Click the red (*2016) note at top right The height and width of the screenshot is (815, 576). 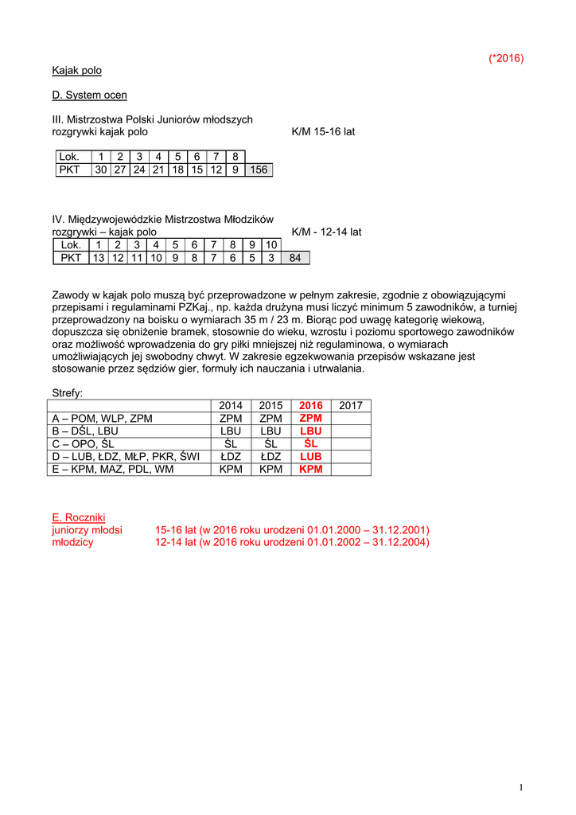pyautogui.click(x=506, y=58)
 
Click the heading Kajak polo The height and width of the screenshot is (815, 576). pyautogui.click(x=77, y=71)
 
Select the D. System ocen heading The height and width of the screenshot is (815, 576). pyautogui.click(x=89, y=96)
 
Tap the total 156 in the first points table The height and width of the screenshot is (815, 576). pyautogui.click(x=259, y=170)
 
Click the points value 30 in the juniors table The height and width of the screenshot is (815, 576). pyautogui.click(x=101, y=170)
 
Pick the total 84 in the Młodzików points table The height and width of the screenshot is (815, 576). pyautogui.click(x=295, y=258)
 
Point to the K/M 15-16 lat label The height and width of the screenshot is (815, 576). pyautogui.click(x=324, y=131)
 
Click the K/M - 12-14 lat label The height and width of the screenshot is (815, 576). pyautogui.click(x=327, y=232)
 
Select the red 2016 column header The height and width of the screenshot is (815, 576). pyautogui.click(x=311, y=406)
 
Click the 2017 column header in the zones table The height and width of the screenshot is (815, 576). pyautogui.click(x=351, y=406)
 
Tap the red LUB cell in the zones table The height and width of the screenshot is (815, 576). pyautogui.click(x=311, y=457)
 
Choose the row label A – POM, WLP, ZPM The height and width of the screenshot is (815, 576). pyautogui.click(x=102, y=419)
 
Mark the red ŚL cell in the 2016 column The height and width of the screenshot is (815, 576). pyautogui.click(x=311, y=444)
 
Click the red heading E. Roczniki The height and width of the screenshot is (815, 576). pyautogui.click(x=79, y=517)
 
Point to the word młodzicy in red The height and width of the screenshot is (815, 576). pyautogui.click(x=72, y=542)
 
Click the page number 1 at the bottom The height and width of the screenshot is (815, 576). pyautogui.click(x=520, y=787)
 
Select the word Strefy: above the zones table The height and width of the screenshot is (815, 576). pyautogui.click(x=68, y=393)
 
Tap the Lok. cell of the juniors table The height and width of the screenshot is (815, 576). pyautogui.click(x=69, y=157)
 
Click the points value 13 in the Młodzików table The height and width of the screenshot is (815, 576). pyautogui.click(x=99, y=258)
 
